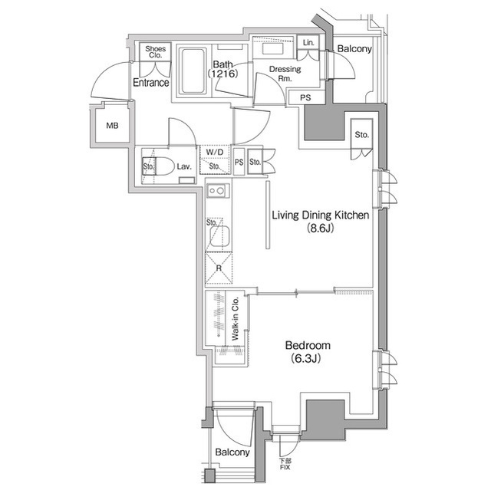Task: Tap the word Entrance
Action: (150, 83)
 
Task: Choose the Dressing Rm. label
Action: (284, 74)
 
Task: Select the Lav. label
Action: (183, 166)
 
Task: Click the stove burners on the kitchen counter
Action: (217, 191)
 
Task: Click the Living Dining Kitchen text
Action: (321, 216)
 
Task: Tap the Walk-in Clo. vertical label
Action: (236, 322)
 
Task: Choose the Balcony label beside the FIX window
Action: (232, 452)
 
